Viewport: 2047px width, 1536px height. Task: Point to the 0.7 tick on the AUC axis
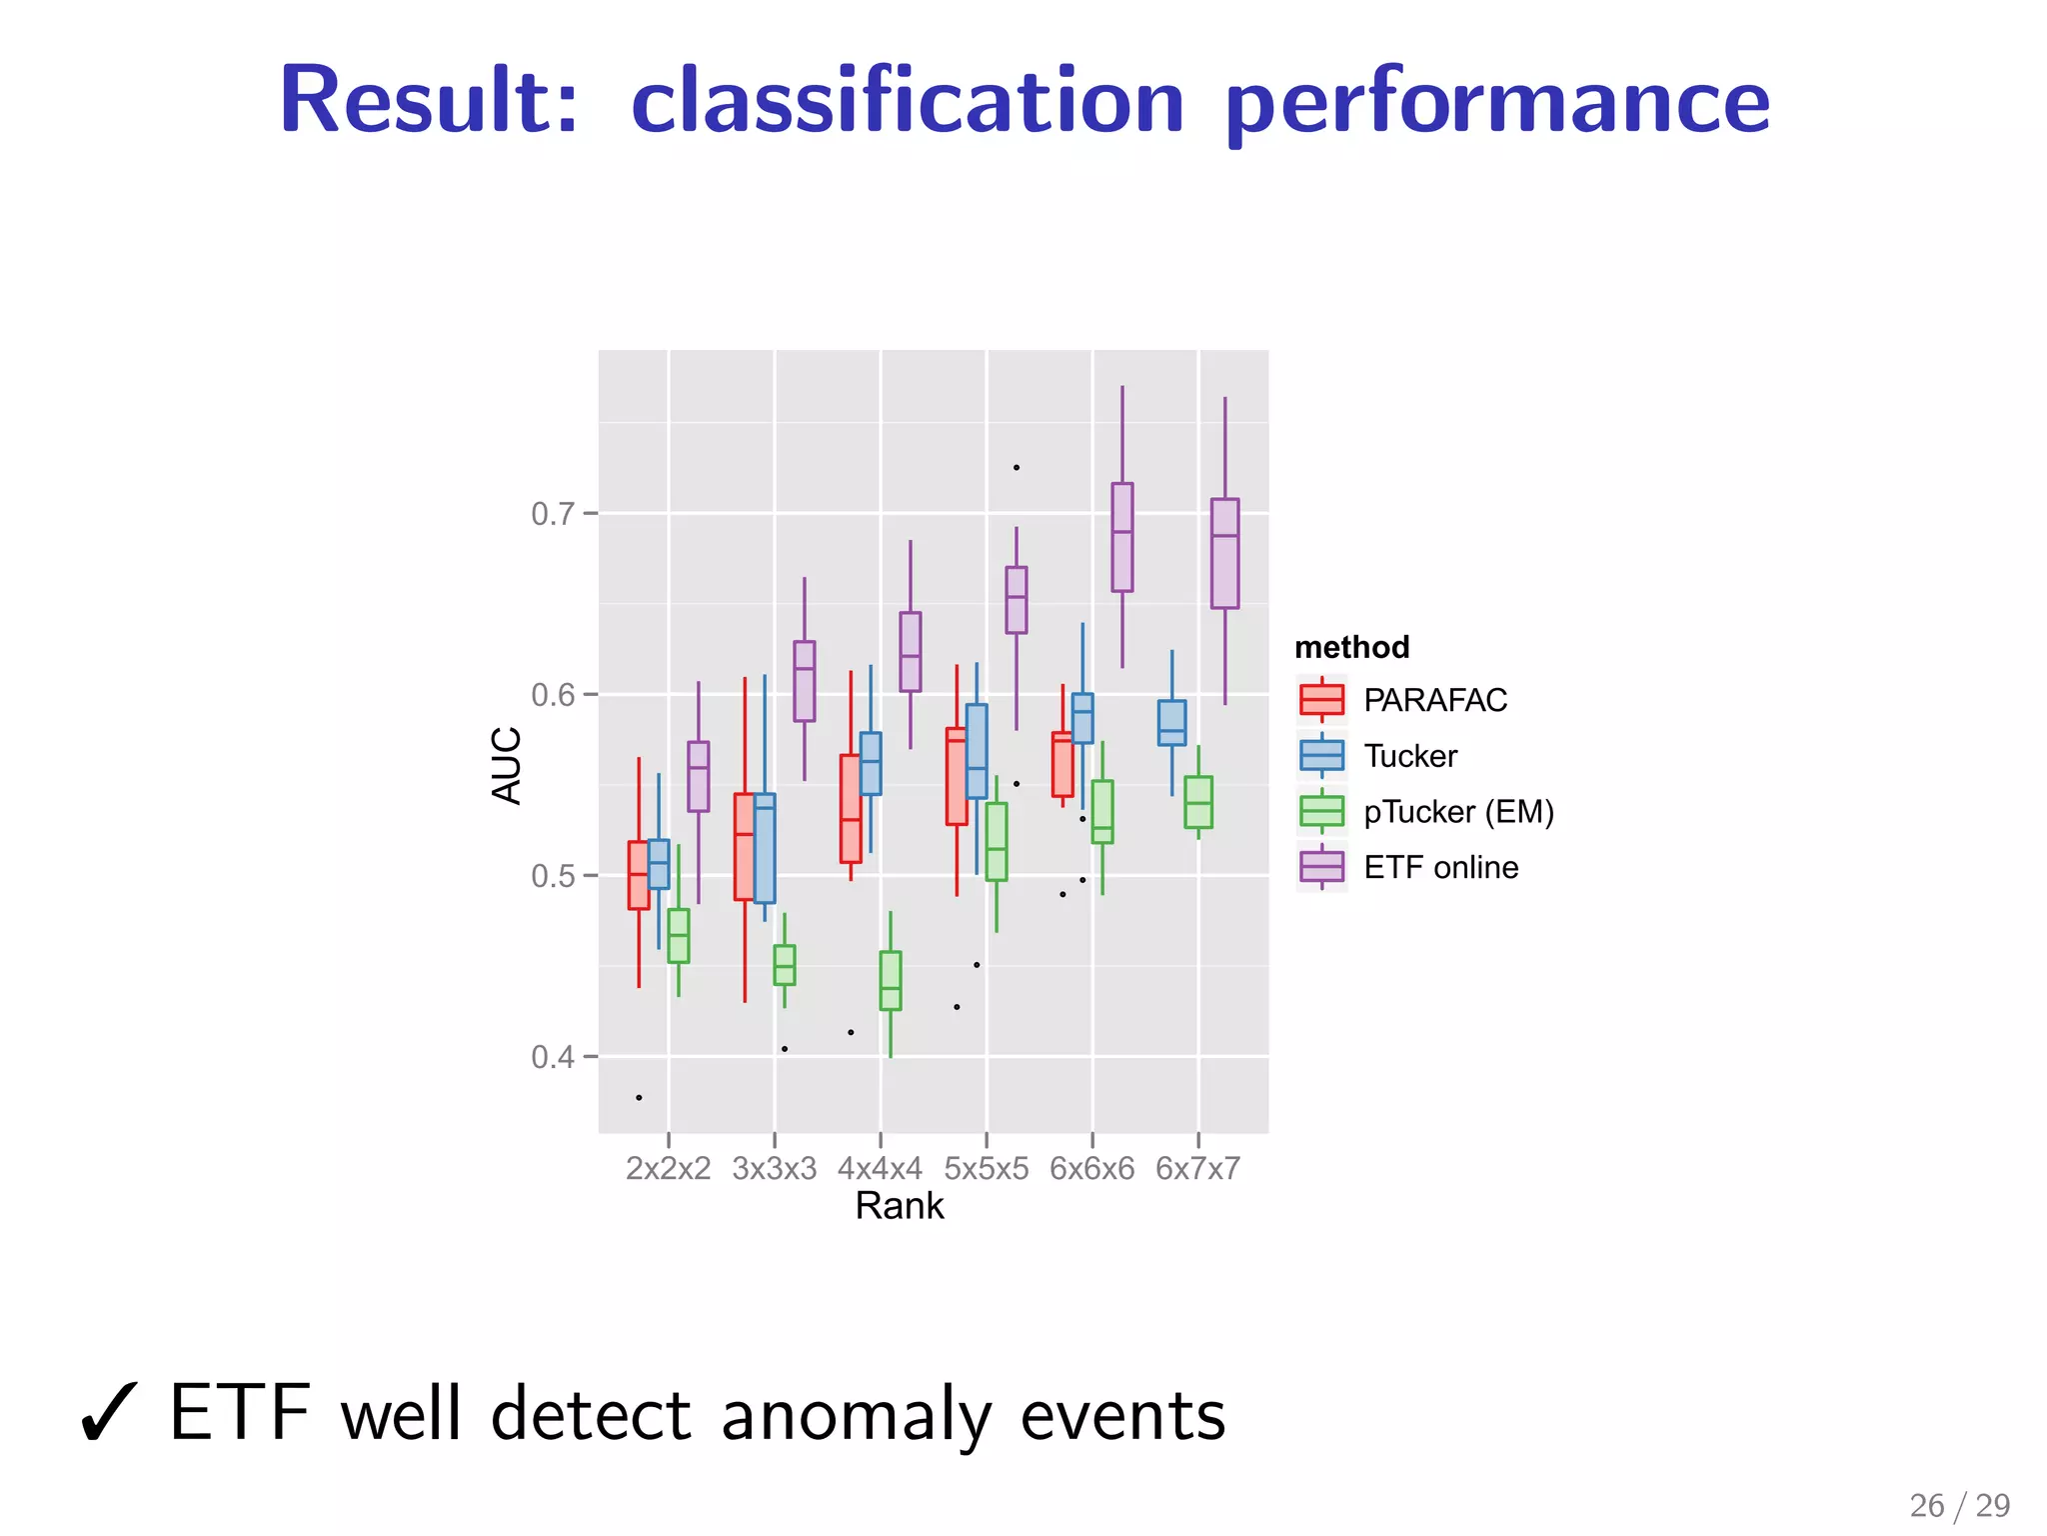tap(553, 514)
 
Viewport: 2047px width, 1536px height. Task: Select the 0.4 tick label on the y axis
tap(553, 1057)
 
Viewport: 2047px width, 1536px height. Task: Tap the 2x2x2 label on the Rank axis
tap(668, 1168)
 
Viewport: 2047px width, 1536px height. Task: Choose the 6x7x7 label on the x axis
tap(1197, 1168)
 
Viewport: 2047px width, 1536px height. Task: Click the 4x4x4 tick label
tap(880, 1168)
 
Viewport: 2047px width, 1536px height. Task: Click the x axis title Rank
tap(899, 1206)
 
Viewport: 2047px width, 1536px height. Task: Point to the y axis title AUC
tap(508, 765)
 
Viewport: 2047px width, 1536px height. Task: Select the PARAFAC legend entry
tap(1434, 700)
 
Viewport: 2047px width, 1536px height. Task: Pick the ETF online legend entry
tap(1440, 867)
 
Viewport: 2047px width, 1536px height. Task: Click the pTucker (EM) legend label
tap(1458, 811)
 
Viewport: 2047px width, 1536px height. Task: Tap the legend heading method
tap(1351, 647)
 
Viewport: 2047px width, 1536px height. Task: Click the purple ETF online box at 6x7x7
tap(1224, 553)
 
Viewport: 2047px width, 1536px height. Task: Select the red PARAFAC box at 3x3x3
tap(744, 846)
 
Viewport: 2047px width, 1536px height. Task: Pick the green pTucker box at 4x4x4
tap(890, 980)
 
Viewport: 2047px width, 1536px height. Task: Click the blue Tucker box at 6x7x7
tap(1171, 722)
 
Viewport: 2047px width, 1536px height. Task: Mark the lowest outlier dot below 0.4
tap(639, 1098)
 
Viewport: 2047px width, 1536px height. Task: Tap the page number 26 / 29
tap(1959, 1505)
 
